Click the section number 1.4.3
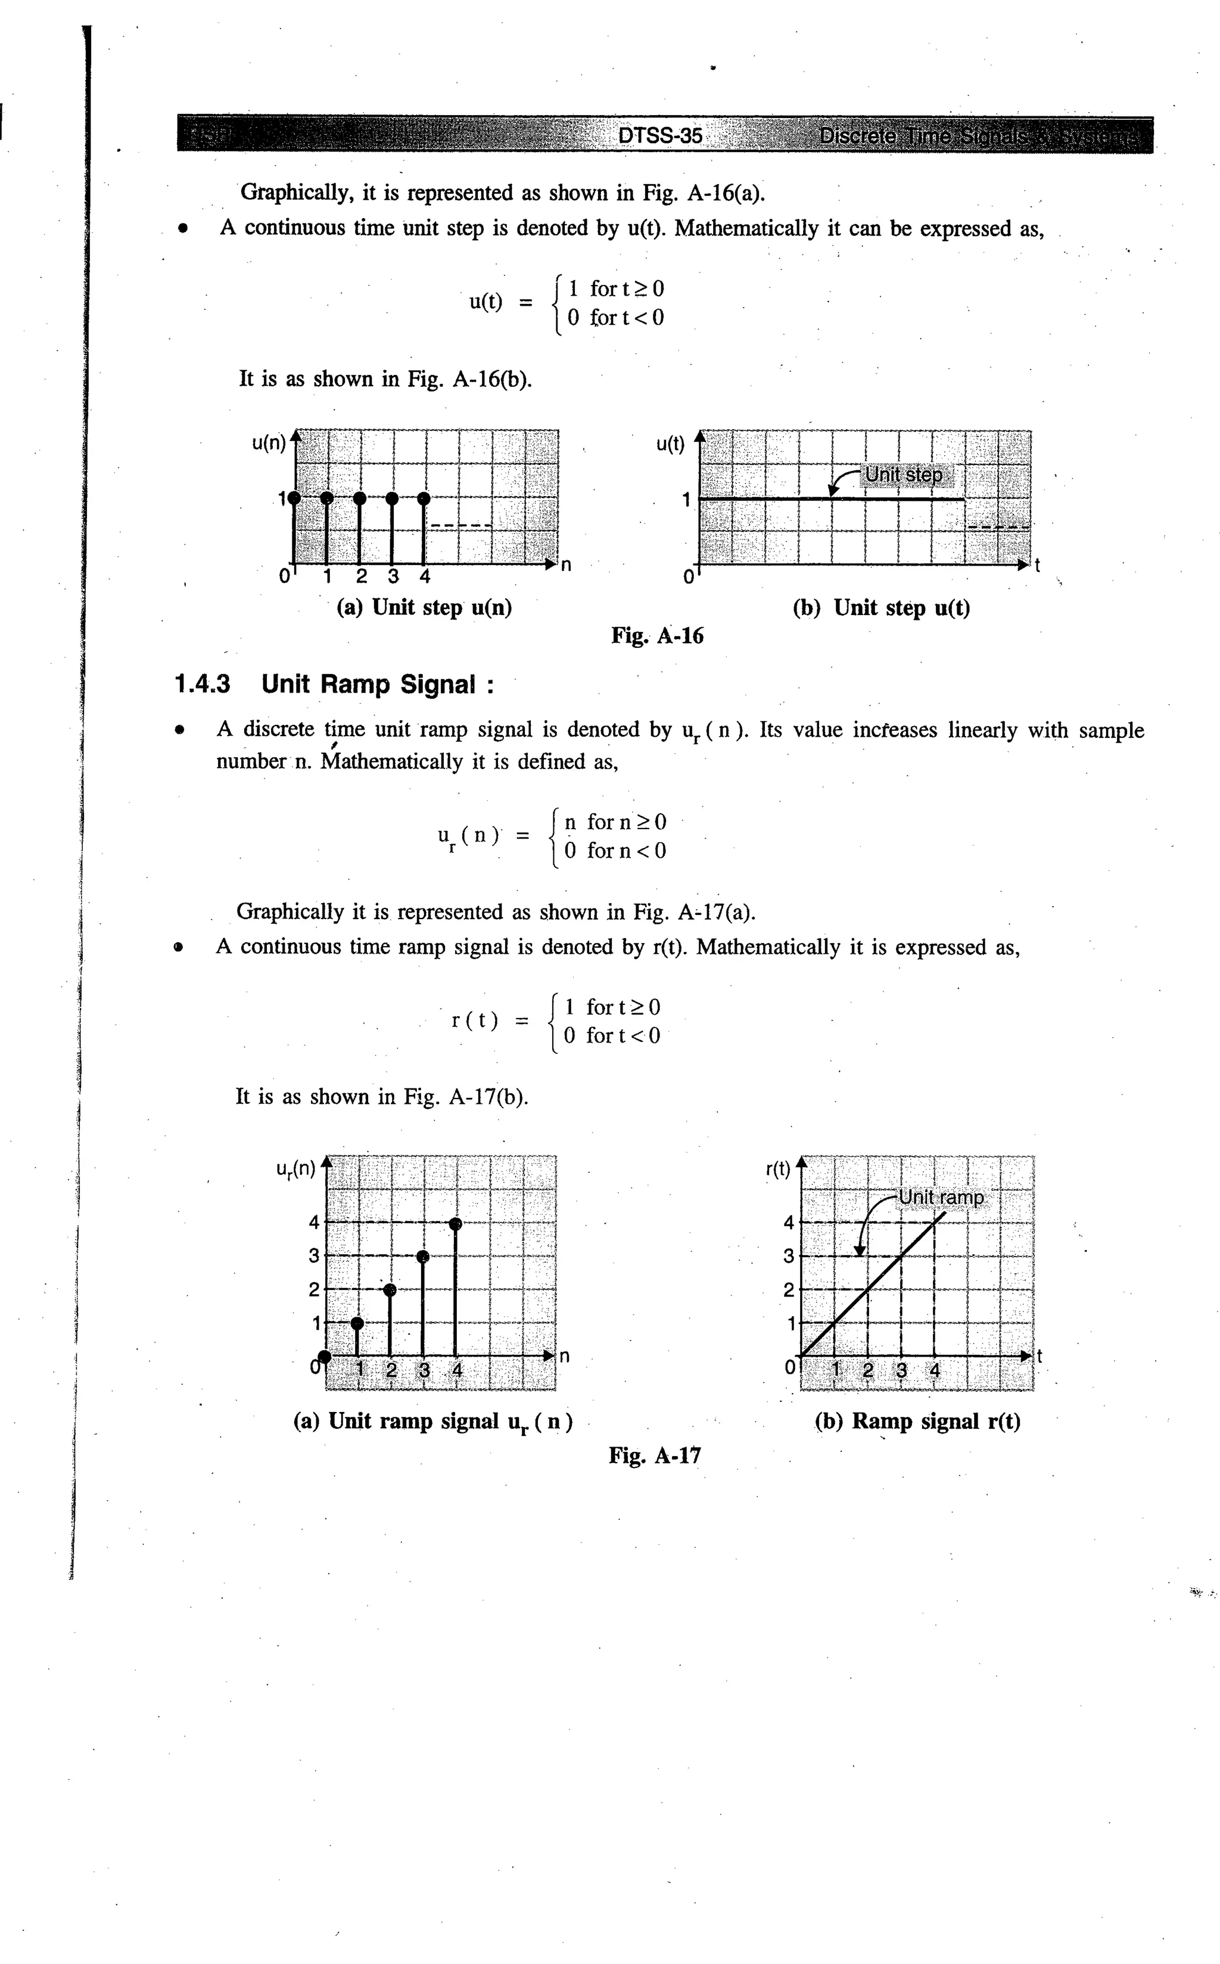[x=202, y=684]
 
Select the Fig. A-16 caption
[x=657, y=636]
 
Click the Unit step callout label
[x=903, y=474]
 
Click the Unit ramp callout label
[x=942, y=1197]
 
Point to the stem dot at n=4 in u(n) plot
[x=424, y=498]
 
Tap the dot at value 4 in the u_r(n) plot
[x=455, y=1224]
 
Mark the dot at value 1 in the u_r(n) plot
[x=357, y=1322]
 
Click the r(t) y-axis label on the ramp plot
[x=778, y=1169]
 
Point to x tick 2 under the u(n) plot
[x=360, y=576]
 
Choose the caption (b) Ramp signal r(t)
[x=917, y=1421]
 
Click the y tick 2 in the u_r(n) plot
[x=314, y=1289]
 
